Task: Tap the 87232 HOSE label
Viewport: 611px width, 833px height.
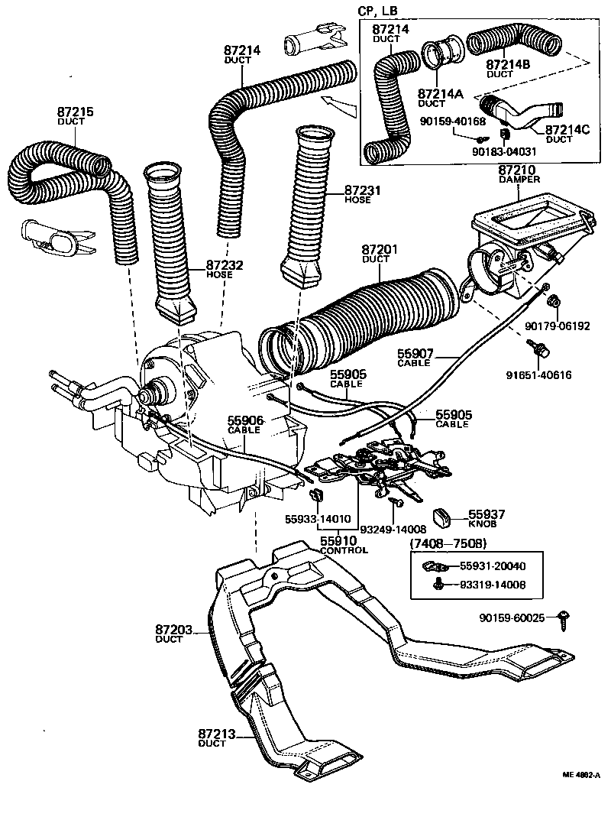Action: [x=224, y=269]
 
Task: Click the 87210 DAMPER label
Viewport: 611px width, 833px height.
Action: [x=519, y=173]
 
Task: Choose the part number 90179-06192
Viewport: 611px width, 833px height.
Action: [x=557, y=326]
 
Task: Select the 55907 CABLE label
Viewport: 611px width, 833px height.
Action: [x=415, y=358]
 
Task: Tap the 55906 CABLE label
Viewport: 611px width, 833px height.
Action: [x=244, y=424]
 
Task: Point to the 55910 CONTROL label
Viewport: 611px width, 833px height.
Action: [x=343, y=545]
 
